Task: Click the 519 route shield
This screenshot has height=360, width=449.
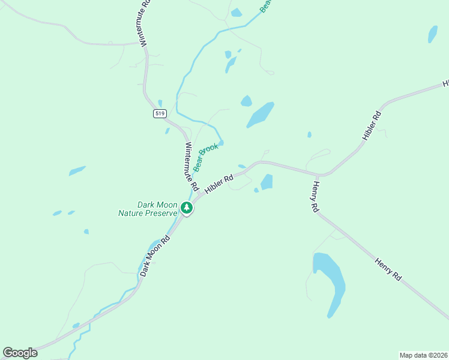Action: tap(159, 113)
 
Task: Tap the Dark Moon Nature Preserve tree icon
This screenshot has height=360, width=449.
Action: tap(187, 208)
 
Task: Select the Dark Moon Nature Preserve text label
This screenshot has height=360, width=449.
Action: tap(148, 208)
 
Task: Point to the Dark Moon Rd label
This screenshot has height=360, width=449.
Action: tap(155, 256)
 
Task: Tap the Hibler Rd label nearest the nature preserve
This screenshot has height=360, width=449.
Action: tap(218, 184)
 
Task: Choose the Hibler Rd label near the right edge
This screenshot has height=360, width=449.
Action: tap(372, 125)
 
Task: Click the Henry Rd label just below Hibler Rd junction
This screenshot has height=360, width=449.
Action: tap(314, 197)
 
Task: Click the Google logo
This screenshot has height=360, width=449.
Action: tap(20, 353)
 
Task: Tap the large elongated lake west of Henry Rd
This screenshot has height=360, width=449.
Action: tap(330, 282)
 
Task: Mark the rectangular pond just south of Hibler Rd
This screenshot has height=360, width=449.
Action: tap(267, 181)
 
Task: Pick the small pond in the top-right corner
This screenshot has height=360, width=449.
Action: tap(432, 34)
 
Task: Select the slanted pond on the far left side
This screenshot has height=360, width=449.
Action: tap(77, 171)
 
